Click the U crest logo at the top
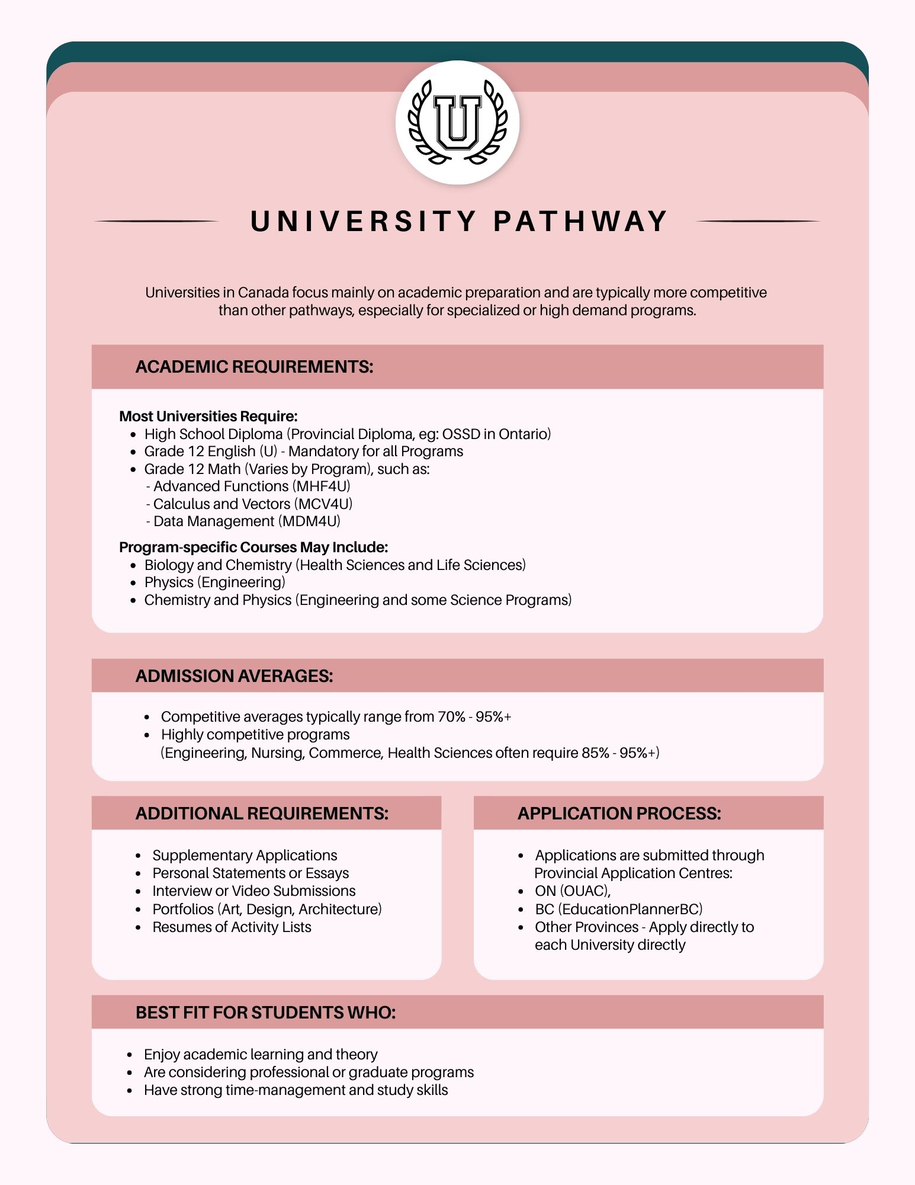[457, 122]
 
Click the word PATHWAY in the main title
[580, 222]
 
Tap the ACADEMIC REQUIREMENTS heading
[254, 367]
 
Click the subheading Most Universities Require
[208, 417]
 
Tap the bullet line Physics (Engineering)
[214, 582]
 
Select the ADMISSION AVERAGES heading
[234, 676]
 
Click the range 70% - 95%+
[474, 717]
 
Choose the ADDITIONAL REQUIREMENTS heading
[262, 814]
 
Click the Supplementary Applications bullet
[245, 856]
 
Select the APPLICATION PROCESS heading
[619, 814]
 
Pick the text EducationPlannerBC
[630, 909]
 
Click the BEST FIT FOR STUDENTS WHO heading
[265, 1013]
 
